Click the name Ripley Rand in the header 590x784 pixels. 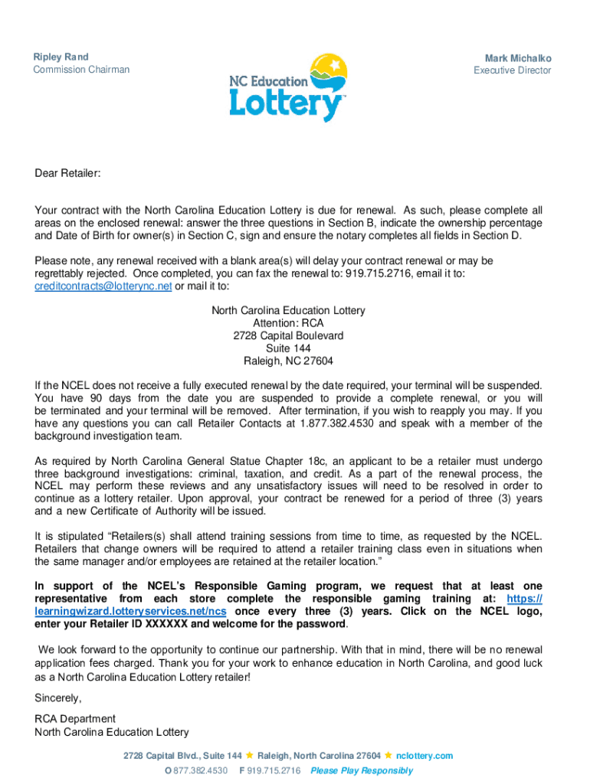tap(61, 57)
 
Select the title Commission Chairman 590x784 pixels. tap(81, 70)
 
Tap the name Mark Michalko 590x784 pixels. tap(517, 58)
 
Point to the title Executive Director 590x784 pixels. tap(512, 70)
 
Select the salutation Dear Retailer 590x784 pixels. tap(67, 174)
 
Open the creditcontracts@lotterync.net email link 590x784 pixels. tap(103, 286)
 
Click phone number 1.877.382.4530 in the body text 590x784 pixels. tap(340, 423)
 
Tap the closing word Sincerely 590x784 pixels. tap(57, 698)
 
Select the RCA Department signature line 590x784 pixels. tap(75, 719)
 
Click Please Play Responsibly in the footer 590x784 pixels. tap(362, 770)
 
